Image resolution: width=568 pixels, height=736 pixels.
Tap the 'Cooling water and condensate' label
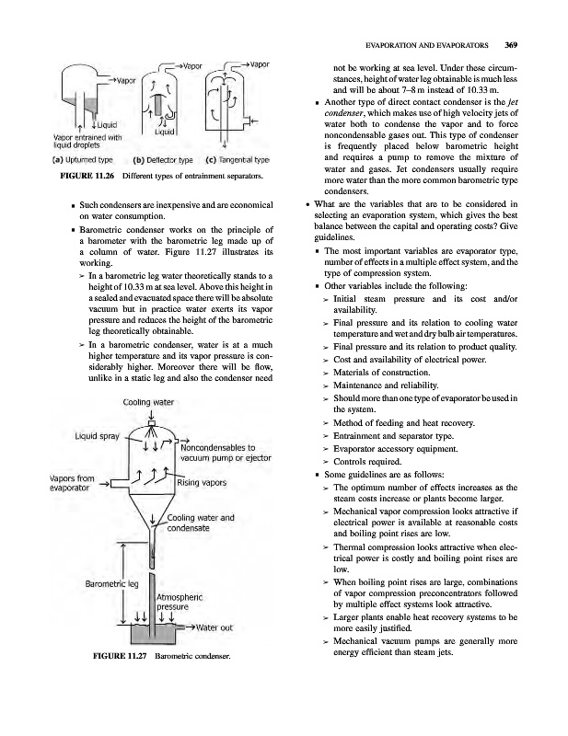click(201, 522)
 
